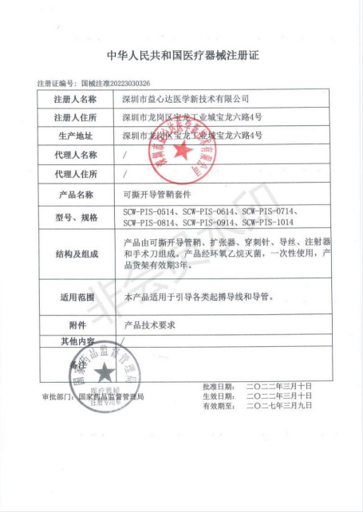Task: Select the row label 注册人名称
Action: tap(76, 99)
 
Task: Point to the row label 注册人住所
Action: tap(76, 117)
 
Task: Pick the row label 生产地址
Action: tap(76, 136)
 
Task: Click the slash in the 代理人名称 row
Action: tap(125, 154)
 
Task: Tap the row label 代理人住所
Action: tap(76, 173)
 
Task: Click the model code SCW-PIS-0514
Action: tap(149, 211)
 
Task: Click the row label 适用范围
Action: tap(76, 297)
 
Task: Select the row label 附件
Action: tap(76, 325)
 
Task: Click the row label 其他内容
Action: tap(76, 341)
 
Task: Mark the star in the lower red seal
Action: tap(102, 371)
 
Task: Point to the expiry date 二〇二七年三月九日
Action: tap(279, 405)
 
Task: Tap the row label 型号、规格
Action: tap(76, 216)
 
